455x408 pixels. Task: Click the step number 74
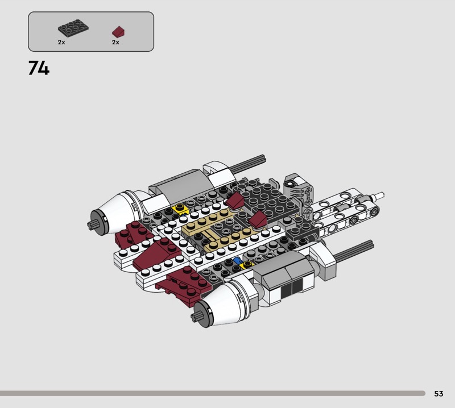[x=39, y=68]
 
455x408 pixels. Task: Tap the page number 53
[x=439, y=393]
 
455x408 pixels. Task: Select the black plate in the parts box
[x=73, y=27]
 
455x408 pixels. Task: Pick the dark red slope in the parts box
[x=118, y=32]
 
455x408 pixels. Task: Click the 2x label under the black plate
[x=61, y=43]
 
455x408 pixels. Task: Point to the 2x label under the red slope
[x=115, y=43]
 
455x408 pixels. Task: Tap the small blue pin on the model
[x=238, y=260]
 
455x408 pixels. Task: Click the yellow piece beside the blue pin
[x=247, y=264]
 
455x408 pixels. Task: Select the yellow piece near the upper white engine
[x=180, y=208]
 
